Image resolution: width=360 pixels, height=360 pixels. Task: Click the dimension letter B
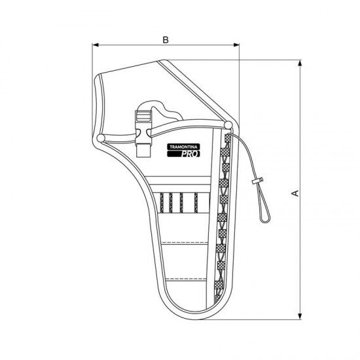tap(166, 40)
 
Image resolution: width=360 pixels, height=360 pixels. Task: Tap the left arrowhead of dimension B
tap(96, 45)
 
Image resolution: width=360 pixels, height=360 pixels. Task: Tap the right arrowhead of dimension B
tap(236, 45)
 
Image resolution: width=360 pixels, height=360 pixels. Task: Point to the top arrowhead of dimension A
tap(300, 63)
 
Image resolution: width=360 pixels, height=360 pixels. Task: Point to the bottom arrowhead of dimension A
tap(300, 316)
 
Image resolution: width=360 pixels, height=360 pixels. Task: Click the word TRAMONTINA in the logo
tap(183, 147)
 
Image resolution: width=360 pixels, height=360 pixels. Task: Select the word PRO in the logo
tap(190, 154)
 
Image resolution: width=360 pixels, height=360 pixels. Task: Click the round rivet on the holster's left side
tap(101, 138)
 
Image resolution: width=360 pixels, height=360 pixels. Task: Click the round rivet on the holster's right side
tap(228, 125)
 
